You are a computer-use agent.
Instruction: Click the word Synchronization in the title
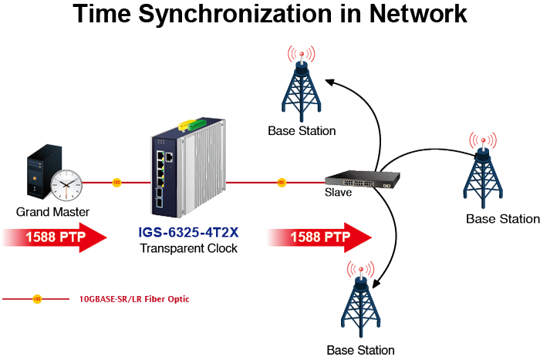click(236, 15)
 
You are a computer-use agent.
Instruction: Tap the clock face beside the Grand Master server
click(66, 185)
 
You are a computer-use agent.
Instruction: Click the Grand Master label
click(52, 212)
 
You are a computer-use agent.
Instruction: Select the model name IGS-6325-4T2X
click(188, 232)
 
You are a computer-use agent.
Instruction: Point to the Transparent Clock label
click(188, 248)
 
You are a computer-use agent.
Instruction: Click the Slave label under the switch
click(338, 192)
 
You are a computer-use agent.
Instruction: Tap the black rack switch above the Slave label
click(363, 179)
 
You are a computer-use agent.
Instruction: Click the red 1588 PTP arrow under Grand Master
click(55, 237)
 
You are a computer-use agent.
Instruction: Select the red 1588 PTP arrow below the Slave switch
click(320, 237)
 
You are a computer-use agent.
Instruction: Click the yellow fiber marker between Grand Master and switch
click(116, 183)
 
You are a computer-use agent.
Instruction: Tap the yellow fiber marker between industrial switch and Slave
click(282, 183)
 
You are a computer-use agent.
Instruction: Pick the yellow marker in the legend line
click(37, 299)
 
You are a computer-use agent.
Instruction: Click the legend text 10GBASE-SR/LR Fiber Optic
click(134, 299)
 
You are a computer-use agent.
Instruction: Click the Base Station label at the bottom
click(360, 350)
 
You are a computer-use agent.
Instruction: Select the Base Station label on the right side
click(503, 219)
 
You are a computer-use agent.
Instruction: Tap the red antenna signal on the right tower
click(483, 140)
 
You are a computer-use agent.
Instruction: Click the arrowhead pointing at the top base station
click(330, 82)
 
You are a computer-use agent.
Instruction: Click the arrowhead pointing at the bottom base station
click(376, 284)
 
